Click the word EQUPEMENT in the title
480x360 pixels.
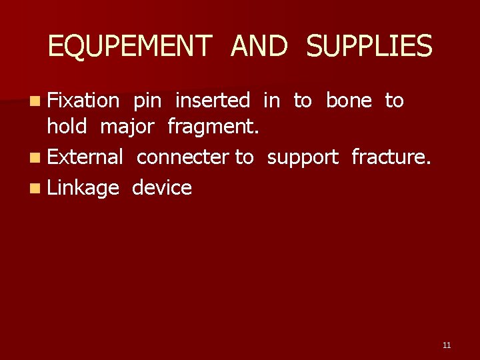pyautogui.click(x=129, y=47)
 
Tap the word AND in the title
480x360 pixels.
pyautogui.click(x=259, y=47)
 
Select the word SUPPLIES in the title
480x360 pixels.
pyautogui.click(x=369, y=47)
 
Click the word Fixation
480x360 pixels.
pyautogui.click(x=83, y=101)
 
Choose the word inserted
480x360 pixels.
pyautogui.click(x=212, y=101)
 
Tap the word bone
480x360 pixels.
pyautogui.click(x=349, y=101)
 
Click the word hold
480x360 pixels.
pyautogui.click(x=67, y=125)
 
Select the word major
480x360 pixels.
pyautogui.click(x=127, y=127)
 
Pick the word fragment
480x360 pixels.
pyautogui.click(x=213, y=127)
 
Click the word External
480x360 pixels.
pyautogui.click(x=85, y=157)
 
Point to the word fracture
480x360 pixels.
pyautogui.click(x=391, y=157)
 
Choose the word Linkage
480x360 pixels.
pyautogui.click(x=83, y=189)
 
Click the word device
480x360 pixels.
pyautogui.click(x=162, y=188)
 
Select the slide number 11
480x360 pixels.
pyautogui.click(x=447, y=345)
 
